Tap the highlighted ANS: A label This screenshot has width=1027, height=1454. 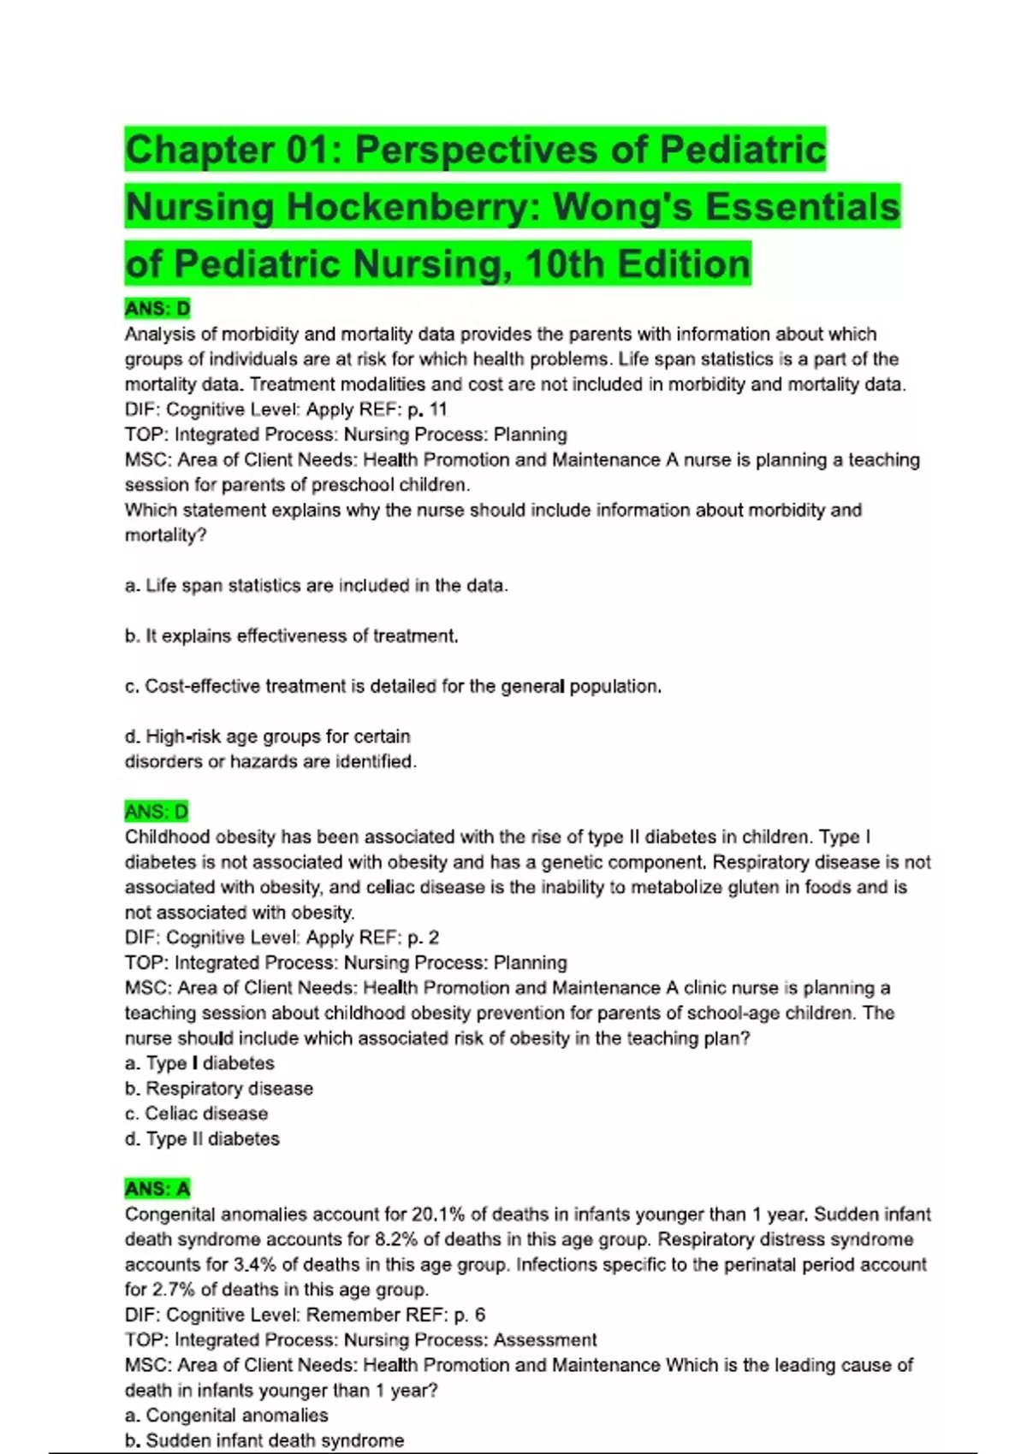157,1189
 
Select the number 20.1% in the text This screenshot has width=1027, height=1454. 438,1215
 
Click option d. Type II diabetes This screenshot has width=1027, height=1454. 202,1139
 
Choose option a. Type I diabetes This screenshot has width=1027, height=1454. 199,1063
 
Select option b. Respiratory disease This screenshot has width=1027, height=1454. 219,1089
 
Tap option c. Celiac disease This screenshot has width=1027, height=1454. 196,1114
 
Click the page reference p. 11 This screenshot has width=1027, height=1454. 427,410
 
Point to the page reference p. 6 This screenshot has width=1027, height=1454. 469,1315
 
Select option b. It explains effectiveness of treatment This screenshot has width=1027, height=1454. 291,636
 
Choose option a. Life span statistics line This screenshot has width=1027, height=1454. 316,586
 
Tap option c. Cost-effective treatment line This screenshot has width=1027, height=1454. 393,687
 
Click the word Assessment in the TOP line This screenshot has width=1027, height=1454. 544,1340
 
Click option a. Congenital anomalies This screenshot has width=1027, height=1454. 226,1416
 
